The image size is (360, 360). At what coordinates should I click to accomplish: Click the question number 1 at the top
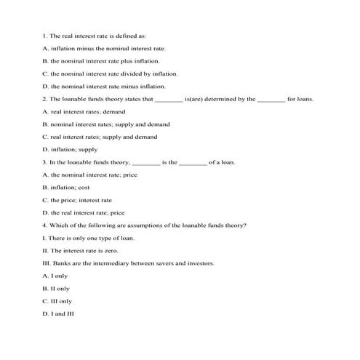point(45,35)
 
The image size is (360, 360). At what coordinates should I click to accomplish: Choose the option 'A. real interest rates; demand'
point(84,111)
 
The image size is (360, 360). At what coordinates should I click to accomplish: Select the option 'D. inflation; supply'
point(75,149)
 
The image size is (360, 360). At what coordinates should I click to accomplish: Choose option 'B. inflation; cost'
point(71,187)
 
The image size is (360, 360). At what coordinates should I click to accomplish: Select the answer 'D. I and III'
point(58,313)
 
